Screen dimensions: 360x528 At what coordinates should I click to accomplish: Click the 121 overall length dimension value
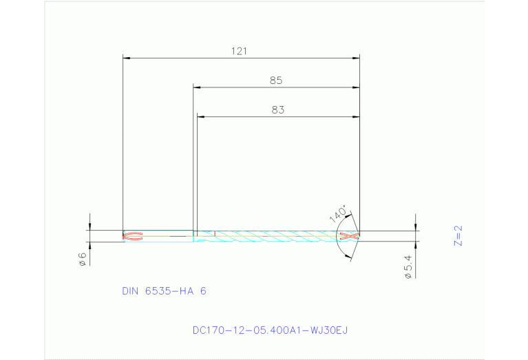point(240,51)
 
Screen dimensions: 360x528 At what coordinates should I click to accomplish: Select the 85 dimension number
point(276,81)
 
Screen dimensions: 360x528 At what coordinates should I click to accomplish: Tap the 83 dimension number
point(277,109)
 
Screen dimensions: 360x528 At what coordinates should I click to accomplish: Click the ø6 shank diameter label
point(82,259)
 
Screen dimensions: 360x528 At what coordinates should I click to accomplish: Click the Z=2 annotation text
point(458,235)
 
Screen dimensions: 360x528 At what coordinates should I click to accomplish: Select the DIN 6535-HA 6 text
point(164,291)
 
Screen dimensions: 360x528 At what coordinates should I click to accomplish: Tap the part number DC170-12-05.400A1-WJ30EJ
point(270,330)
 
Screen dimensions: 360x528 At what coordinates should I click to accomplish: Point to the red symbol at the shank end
point(131,237)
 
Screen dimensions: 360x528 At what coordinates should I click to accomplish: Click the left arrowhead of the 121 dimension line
point(126,59)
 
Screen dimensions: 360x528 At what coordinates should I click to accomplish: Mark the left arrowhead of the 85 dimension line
point(196,88)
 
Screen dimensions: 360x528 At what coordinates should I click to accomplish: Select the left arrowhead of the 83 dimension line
point(200,117)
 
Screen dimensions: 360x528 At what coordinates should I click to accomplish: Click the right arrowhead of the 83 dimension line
point(356,117)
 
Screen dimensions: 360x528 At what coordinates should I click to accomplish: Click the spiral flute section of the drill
point(275,237)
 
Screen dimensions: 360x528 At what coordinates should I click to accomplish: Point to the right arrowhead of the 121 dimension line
point(356,59)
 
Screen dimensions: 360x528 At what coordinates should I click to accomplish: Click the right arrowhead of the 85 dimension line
point(356,88)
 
